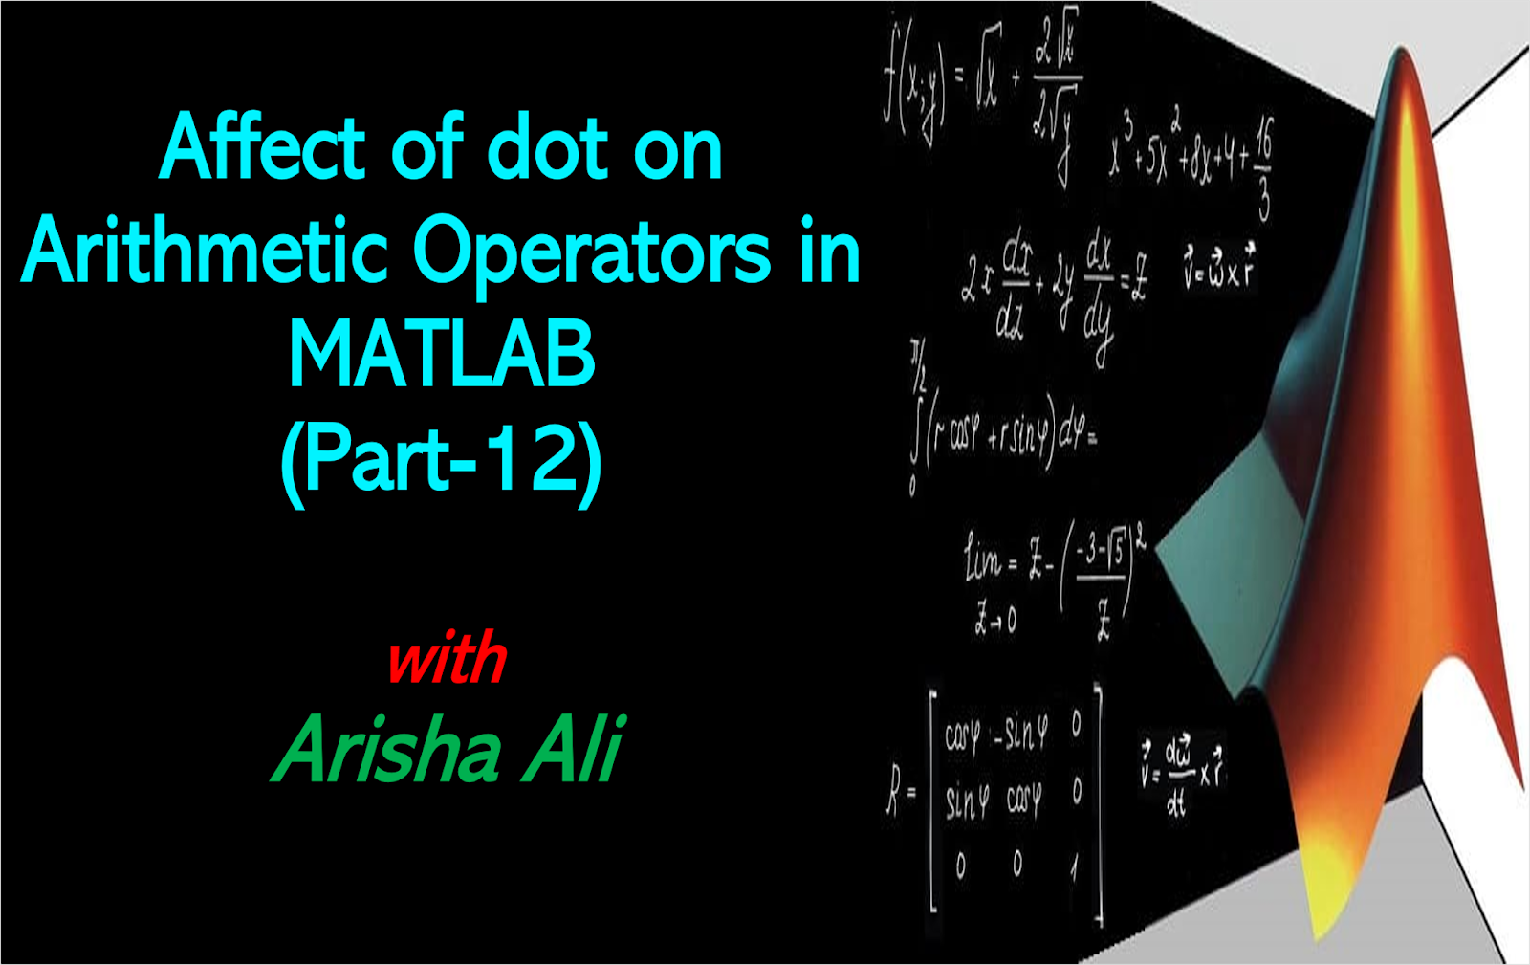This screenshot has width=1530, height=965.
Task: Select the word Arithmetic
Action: pyautogui.click(x=205, y=252)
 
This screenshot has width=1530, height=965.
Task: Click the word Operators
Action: pyautogui.click(x=592, y=252)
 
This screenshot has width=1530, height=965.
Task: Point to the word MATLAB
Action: pyautogui.click(x=442, y=355)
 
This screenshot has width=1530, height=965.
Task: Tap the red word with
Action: pyautogui.click(x=447, y=660)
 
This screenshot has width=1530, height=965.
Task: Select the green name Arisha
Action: pyautogui.click(x=387, y=750)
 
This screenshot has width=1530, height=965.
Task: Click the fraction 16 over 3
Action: pyautogui.click(x=1264, y=168)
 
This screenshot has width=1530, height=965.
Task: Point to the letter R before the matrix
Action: pyautogui.click(x=894, y=794)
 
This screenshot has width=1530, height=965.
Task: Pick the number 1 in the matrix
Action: pyautogui.click(x=1075, y=866)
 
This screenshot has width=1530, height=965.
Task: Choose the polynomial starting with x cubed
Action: pyautogui.click(x=1191, y=153)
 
